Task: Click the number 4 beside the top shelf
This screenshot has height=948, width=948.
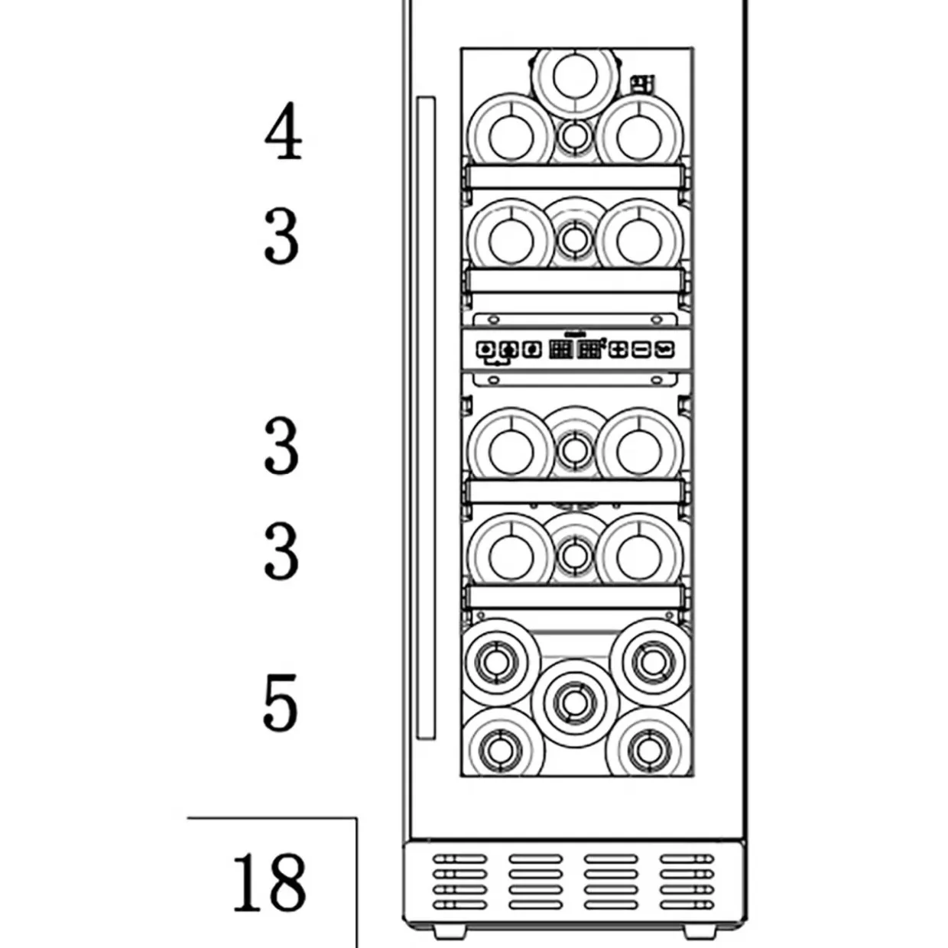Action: (x=283, y=131)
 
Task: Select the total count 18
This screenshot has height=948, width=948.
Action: (x=270, y=882)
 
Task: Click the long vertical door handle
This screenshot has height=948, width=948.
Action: (x=426, y=418)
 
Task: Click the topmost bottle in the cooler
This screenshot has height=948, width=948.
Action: (x=575, y=78)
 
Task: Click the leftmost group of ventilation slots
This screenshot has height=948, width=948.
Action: (x=459, y=881)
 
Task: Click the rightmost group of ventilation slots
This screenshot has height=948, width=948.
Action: (x=687, y=881)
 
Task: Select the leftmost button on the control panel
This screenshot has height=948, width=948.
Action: (x=485, y=350)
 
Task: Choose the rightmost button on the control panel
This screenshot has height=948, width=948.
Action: (x=665, y=350)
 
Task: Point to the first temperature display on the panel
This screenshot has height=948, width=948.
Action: (x=561, y=350)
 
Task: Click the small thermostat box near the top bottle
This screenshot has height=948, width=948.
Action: (x=644, y=84)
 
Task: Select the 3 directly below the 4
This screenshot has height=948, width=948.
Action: (x=281, y=236)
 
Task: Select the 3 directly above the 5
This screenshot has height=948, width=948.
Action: (x=281, y=550)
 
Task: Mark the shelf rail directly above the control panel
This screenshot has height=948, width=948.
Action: (x=575, y=281)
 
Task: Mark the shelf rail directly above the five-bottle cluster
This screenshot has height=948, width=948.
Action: (x=575, y=597)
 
